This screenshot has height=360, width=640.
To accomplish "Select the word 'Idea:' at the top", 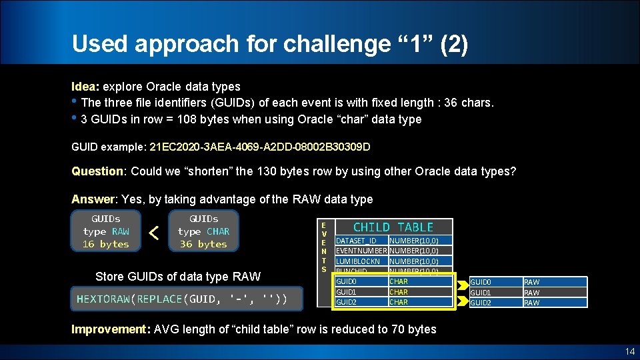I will [85, 87].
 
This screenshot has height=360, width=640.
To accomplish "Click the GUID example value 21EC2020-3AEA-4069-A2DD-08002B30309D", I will [260, 146].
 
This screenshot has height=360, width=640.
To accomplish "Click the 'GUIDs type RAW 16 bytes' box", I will [106, 231].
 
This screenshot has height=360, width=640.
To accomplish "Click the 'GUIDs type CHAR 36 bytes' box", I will [203, 231].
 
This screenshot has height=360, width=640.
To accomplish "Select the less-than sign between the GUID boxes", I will [154, 233].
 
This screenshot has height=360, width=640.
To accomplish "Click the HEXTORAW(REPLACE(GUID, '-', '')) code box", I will [182, 299].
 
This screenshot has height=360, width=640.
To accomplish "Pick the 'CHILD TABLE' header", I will [393, 227].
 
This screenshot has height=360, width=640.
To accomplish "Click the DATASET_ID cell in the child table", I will [356, 241].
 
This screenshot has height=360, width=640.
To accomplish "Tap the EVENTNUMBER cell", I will [361, 251].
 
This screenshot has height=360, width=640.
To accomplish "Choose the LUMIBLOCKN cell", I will [358, 261].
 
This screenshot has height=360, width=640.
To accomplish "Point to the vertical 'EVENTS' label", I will [324, 247].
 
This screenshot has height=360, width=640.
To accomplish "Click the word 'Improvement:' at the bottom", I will [111, 329].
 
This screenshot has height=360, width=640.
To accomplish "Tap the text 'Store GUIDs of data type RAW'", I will [178, 277].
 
